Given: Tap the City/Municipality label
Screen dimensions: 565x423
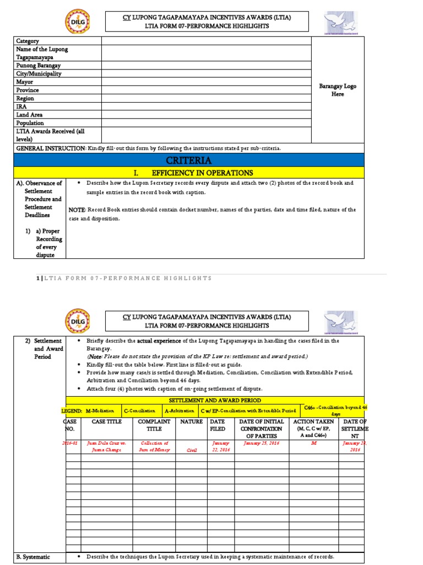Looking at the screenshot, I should pyautogui.click(x=39, y=73).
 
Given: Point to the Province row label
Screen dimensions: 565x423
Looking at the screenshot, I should pyautogui.click(x=28, y=90).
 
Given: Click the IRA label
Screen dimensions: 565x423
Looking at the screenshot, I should pyautogui.click(x=21, y=106).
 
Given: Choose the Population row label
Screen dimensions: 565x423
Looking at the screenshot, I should pyautogui.click(x=30, y=123).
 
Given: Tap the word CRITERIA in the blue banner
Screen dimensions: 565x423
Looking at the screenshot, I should pyautogui.click(x=189, y=160).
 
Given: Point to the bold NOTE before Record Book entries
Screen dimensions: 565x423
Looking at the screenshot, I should pyautogui.click(x=77, y=210).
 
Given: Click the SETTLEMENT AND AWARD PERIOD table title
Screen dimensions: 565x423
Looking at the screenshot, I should pyautogui.click(x=215, y=400).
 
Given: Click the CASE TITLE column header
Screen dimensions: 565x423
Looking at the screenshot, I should pyautogui.click(x=106, y=422).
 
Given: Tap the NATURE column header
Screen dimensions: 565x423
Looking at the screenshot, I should pyautogui.click(x=191, y=422).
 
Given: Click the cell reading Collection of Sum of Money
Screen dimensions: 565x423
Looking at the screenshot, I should pyautogui.click(x=154, y=446).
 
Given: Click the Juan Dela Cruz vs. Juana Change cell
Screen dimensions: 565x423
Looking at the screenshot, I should pyautogui.click(x=106, y=446).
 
